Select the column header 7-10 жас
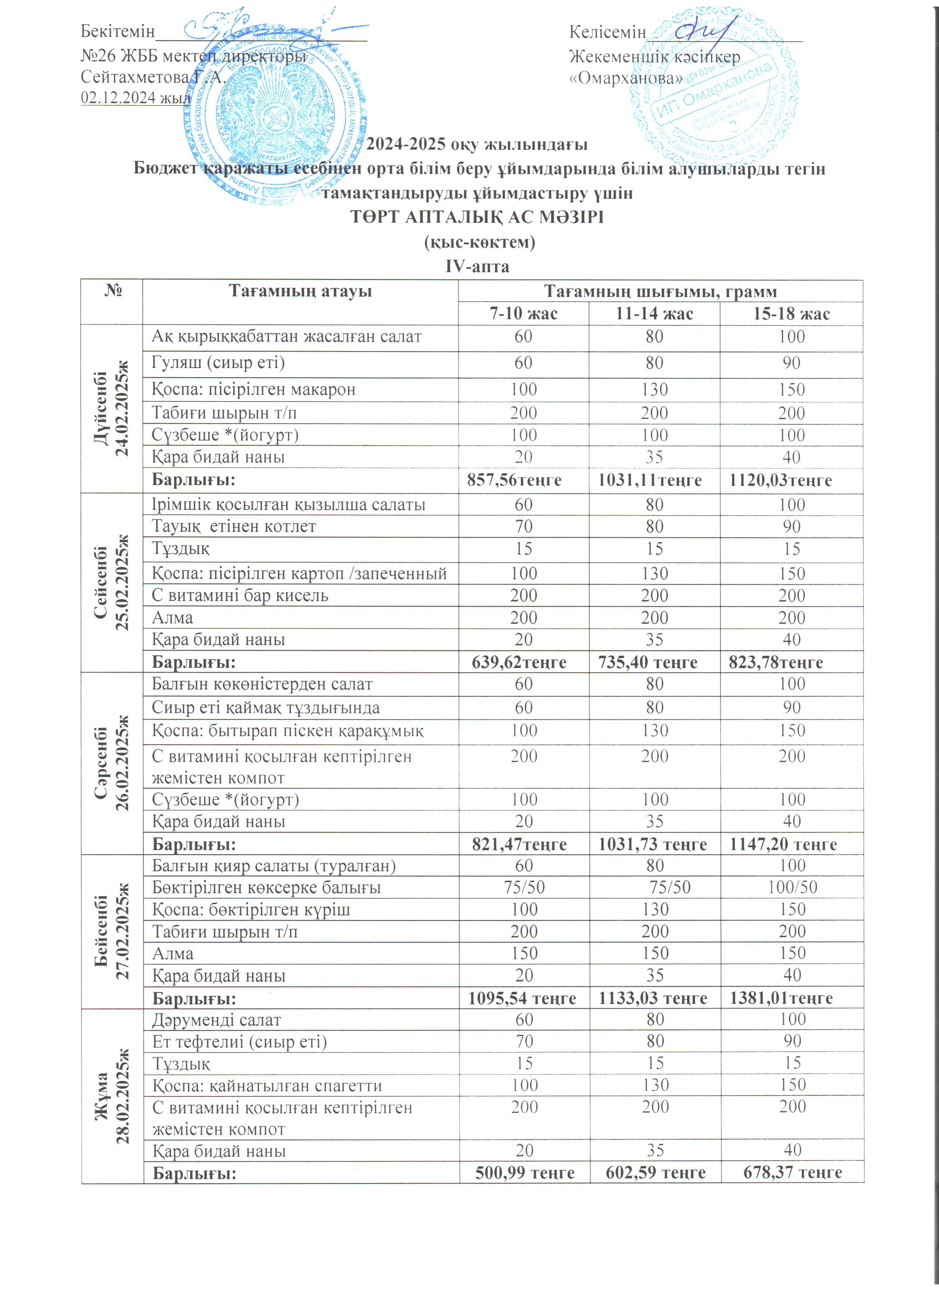tap(523, 314)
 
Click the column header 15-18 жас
tap(791, 314)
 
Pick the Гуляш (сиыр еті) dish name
tap(218, 363)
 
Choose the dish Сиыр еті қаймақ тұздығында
tap(265, 708)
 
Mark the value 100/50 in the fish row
tap(792, 887)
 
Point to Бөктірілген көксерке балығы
tap(266, 887)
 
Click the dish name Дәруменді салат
tap(217, 1020)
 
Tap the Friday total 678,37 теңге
tap(792, 1172)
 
